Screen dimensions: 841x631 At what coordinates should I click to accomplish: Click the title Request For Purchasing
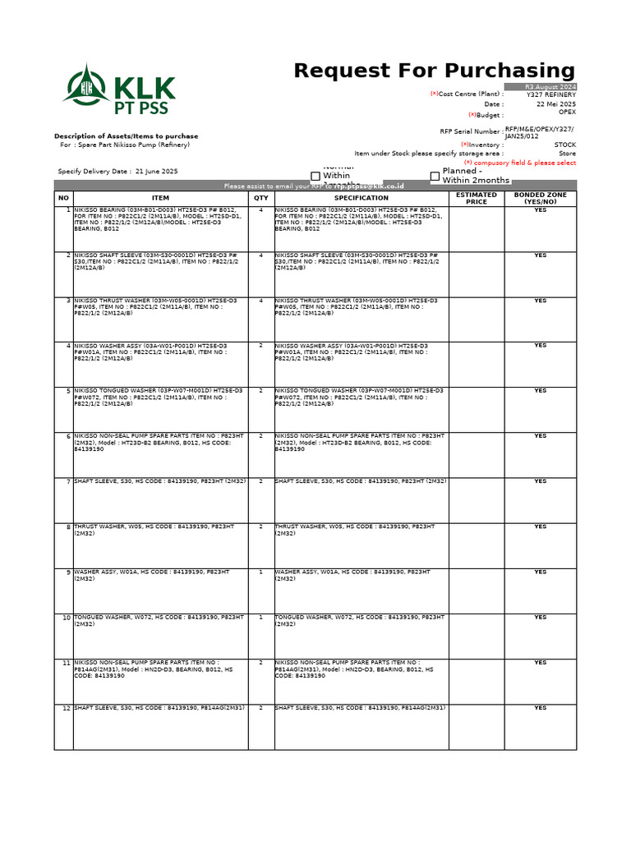pyautogui.click(x=434, y=71)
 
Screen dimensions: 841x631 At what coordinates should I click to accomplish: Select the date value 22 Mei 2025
pyautogui.click(x=556, y=104)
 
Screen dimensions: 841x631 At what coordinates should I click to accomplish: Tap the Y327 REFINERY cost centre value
pyautogui.click(x=551, y=94)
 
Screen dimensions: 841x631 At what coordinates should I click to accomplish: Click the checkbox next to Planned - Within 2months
pyautogui.click(x=435, y=176)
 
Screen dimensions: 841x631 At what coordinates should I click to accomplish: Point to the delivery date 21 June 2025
pyautogui.click(x=156, y=172)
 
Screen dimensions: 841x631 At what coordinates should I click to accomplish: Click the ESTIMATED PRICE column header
pyautogui.click(x=477, y=198)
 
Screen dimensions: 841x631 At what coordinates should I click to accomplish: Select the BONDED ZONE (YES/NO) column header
pyautogui.click(x=540, y=198)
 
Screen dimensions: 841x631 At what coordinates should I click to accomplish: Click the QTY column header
pyautogui.click(x=261, y=198)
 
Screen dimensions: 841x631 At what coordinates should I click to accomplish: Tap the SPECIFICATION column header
pyautogui.click(x=362, y=198)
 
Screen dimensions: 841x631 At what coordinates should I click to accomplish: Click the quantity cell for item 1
pyautogui.click(x=261, y=210)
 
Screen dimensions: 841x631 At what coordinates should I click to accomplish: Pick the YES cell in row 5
pyautogui.click(x=540, y=391)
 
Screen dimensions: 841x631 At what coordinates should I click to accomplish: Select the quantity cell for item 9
pyautogui.click(x=261, y=572)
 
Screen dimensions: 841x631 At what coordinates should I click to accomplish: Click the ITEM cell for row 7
pyautogui.click(x=160, y=481)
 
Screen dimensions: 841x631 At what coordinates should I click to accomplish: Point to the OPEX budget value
pyautogui.click(x=567, y=113)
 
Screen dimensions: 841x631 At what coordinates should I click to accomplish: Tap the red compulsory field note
pyautogui.click(x=525, y=163)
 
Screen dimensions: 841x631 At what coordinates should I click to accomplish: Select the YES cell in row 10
pyautogui.click(x=540, y=617)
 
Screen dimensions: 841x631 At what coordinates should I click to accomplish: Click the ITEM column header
pyautogui.click(x=160, y=198)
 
